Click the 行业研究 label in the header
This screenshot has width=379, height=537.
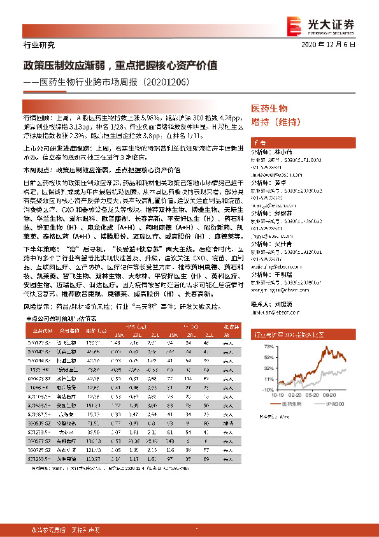click(39, 45)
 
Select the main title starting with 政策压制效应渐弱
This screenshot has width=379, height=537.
click(121, 65)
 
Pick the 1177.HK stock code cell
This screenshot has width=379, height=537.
click(41, 369)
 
